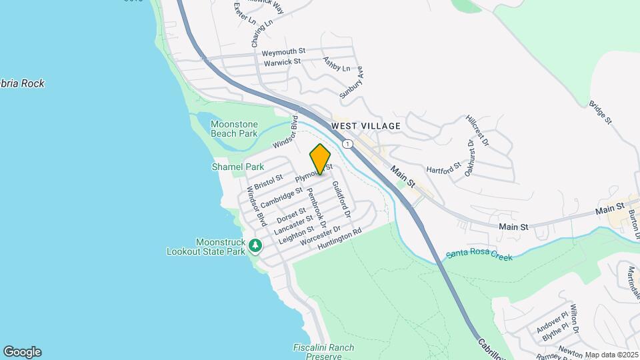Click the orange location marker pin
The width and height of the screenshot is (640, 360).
(x=320, y=159)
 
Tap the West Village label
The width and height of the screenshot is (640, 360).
(x=366, y=125)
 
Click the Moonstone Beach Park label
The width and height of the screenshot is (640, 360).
(x=234, y=129)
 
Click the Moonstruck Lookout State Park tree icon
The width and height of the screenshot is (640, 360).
(x=255, y=247)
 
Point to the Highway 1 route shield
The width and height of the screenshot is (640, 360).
(x=347, y=144)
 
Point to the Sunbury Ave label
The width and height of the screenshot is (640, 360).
(x=351, y=82)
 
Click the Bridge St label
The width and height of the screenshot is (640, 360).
(x=600, y=113)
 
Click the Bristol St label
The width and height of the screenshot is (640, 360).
(x=269, y=181)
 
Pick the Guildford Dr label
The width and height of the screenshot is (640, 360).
(x=340, y=199)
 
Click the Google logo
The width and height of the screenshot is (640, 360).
(x=22, y=352)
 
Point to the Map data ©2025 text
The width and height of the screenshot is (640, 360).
(x=611, y=355)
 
